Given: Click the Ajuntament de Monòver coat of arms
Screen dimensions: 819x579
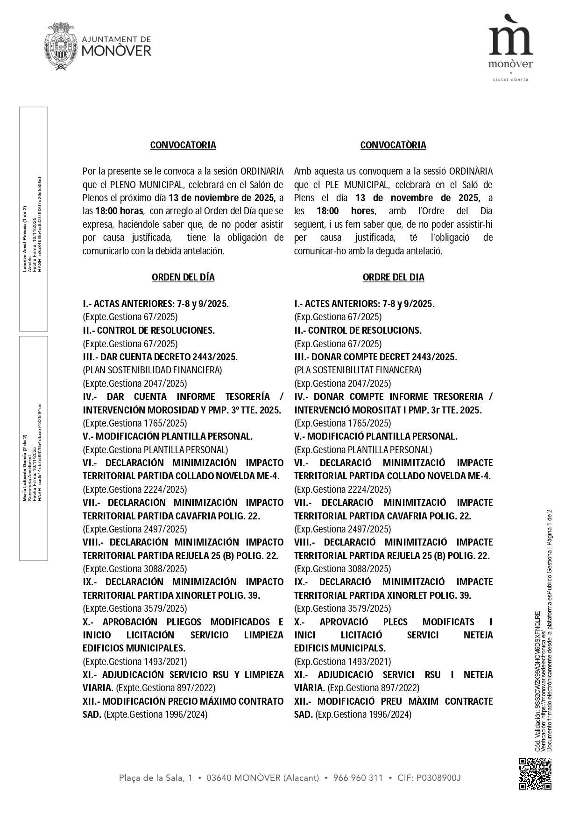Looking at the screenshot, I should click(x=61, y=46).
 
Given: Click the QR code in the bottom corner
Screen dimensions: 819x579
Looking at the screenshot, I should click(x=536, y=774).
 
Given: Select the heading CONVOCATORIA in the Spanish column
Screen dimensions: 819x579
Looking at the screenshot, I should click(x=183, y=145).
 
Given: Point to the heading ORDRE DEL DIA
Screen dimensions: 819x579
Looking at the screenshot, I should click(x=393, y=277).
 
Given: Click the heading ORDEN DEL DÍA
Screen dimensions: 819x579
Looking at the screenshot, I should click(x=183, y=277).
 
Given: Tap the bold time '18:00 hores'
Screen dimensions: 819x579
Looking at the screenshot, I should click(x=345, y=211).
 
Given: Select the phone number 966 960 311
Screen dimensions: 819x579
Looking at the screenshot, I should click(x=358, y=778).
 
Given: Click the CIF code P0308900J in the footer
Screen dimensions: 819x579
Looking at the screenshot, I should click(x=438, y=778).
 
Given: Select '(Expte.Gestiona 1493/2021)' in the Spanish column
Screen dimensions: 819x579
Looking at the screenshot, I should click(x=135, y=662).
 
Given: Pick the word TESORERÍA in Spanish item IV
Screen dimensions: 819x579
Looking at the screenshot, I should click(x=247, y=397).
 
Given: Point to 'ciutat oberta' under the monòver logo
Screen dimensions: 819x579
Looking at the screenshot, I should click(x=511, y=79).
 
